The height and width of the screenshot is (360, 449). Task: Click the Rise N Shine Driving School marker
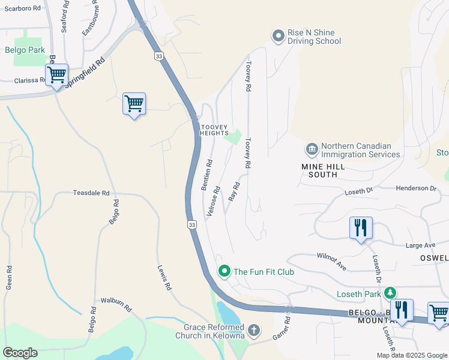point(278,37)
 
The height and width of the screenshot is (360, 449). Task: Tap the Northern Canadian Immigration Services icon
point(312,149)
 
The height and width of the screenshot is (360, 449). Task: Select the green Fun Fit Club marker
point(224,271)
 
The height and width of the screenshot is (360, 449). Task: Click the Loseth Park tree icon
point(390,292)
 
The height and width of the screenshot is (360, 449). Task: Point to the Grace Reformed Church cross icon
point(254,330)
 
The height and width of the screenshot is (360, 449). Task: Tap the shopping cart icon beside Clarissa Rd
point(56,75)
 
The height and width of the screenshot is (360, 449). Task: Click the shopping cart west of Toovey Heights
point(134,103)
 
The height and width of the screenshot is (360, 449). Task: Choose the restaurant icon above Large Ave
point(361,227)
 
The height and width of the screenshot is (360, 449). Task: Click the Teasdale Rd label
point(91,193)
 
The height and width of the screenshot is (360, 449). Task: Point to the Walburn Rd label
point(116,304)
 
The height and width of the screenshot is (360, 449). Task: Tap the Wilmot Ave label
point(332,261)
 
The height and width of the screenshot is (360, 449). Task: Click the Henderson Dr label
point(416,188)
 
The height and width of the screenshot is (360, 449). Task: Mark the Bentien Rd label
point(206,175)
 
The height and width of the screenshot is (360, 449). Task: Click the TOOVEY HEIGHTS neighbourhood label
point(214,129)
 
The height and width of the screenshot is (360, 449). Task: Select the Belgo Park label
point(21,50)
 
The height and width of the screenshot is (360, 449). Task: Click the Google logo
point(20,353)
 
